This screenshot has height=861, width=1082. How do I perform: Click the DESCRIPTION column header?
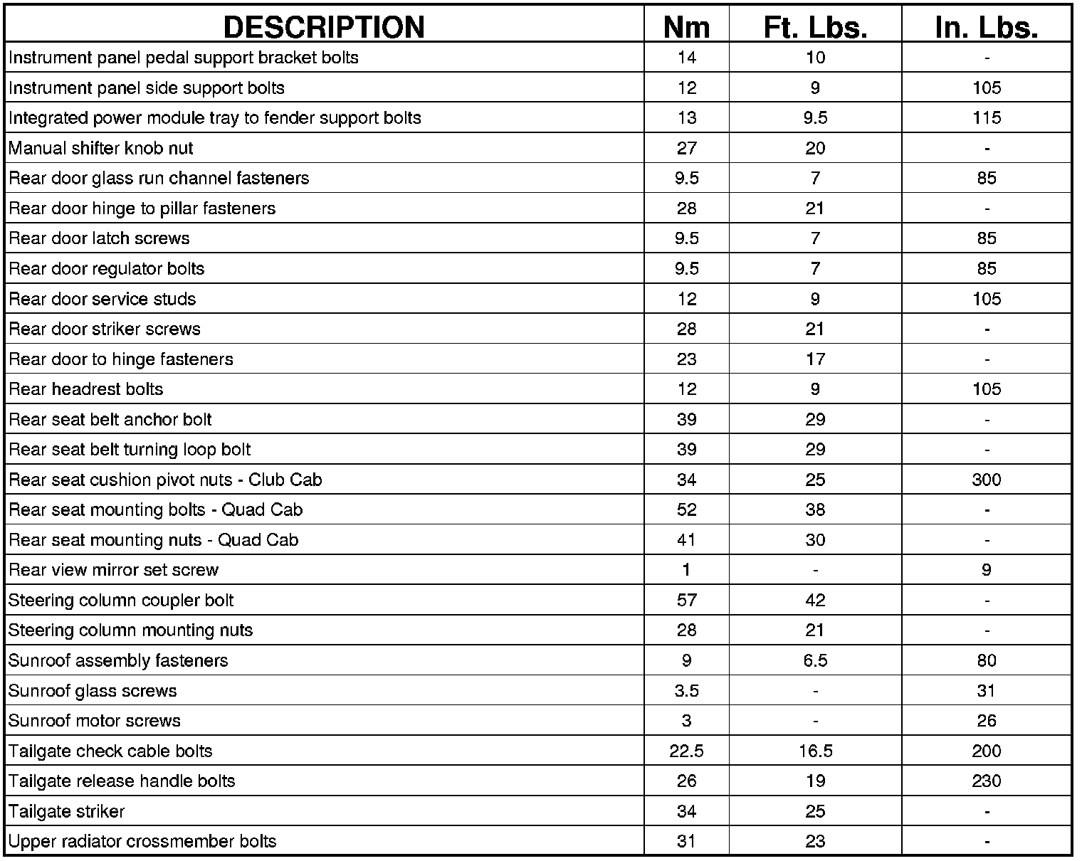(324, 27)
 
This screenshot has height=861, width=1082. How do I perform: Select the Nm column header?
(686, 27)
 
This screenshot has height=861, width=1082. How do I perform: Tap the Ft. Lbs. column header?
(815, 27)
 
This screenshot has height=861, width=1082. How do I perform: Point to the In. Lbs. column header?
(986, 27)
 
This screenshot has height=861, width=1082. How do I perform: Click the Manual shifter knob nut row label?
(101, 148)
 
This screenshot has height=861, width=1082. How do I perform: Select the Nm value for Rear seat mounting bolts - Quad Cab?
(686, 509)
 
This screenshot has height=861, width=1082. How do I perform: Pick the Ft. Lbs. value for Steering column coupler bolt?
(815, 600)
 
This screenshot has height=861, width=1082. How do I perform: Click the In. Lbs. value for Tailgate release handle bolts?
(986, 781)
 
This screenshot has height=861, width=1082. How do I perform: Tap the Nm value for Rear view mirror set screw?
(686, 570)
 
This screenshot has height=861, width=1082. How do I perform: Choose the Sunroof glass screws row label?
(93, 690)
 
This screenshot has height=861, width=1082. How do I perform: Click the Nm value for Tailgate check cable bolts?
(686, 751)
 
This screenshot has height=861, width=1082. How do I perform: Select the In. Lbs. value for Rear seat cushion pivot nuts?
(986, 480)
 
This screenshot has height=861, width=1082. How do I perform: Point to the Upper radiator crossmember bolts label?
(142, 841)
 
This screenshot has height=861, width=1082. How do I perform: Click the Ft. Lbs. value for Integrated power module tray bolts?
(815, 117)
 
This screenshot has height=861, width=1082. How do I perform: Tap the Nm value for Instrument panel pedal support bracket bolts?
(686, 58)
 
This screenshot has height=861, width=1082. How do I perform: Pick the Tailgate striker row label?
(67, 811)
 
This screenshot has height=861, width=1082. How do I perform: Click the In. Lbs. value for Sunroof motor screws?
(986, 720)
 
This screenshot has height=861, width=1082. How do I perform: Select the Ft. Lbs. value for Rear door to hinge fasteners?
(815, 359)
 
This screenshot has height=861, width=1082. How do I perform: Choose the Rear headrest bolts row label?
(86, 389)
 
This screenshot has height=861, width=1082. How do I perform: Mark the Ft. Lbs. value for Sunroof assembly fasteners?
(815, 660)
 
